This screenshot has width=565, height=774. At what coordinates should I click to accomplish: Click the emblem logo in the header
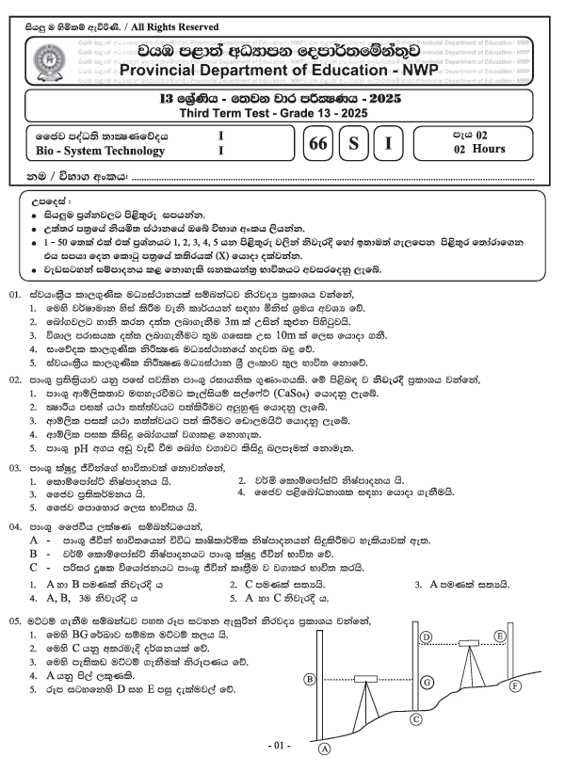(x=46, y=64)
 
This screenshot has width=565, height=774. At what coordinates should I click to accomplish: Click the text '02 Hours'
(x=478, y=149)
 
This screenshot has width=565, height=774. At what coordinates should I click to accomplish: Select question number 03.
(x=15, y=465)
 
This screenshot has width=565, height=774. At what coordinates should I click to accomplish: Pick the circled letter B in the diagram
(x=309, y=678)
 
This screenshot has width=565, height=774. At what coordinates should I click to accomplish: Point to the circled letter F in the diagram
(x=514, y=686)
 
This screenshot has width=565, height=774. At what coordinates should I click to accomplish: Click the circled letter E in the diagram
(x=500, y=637)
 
